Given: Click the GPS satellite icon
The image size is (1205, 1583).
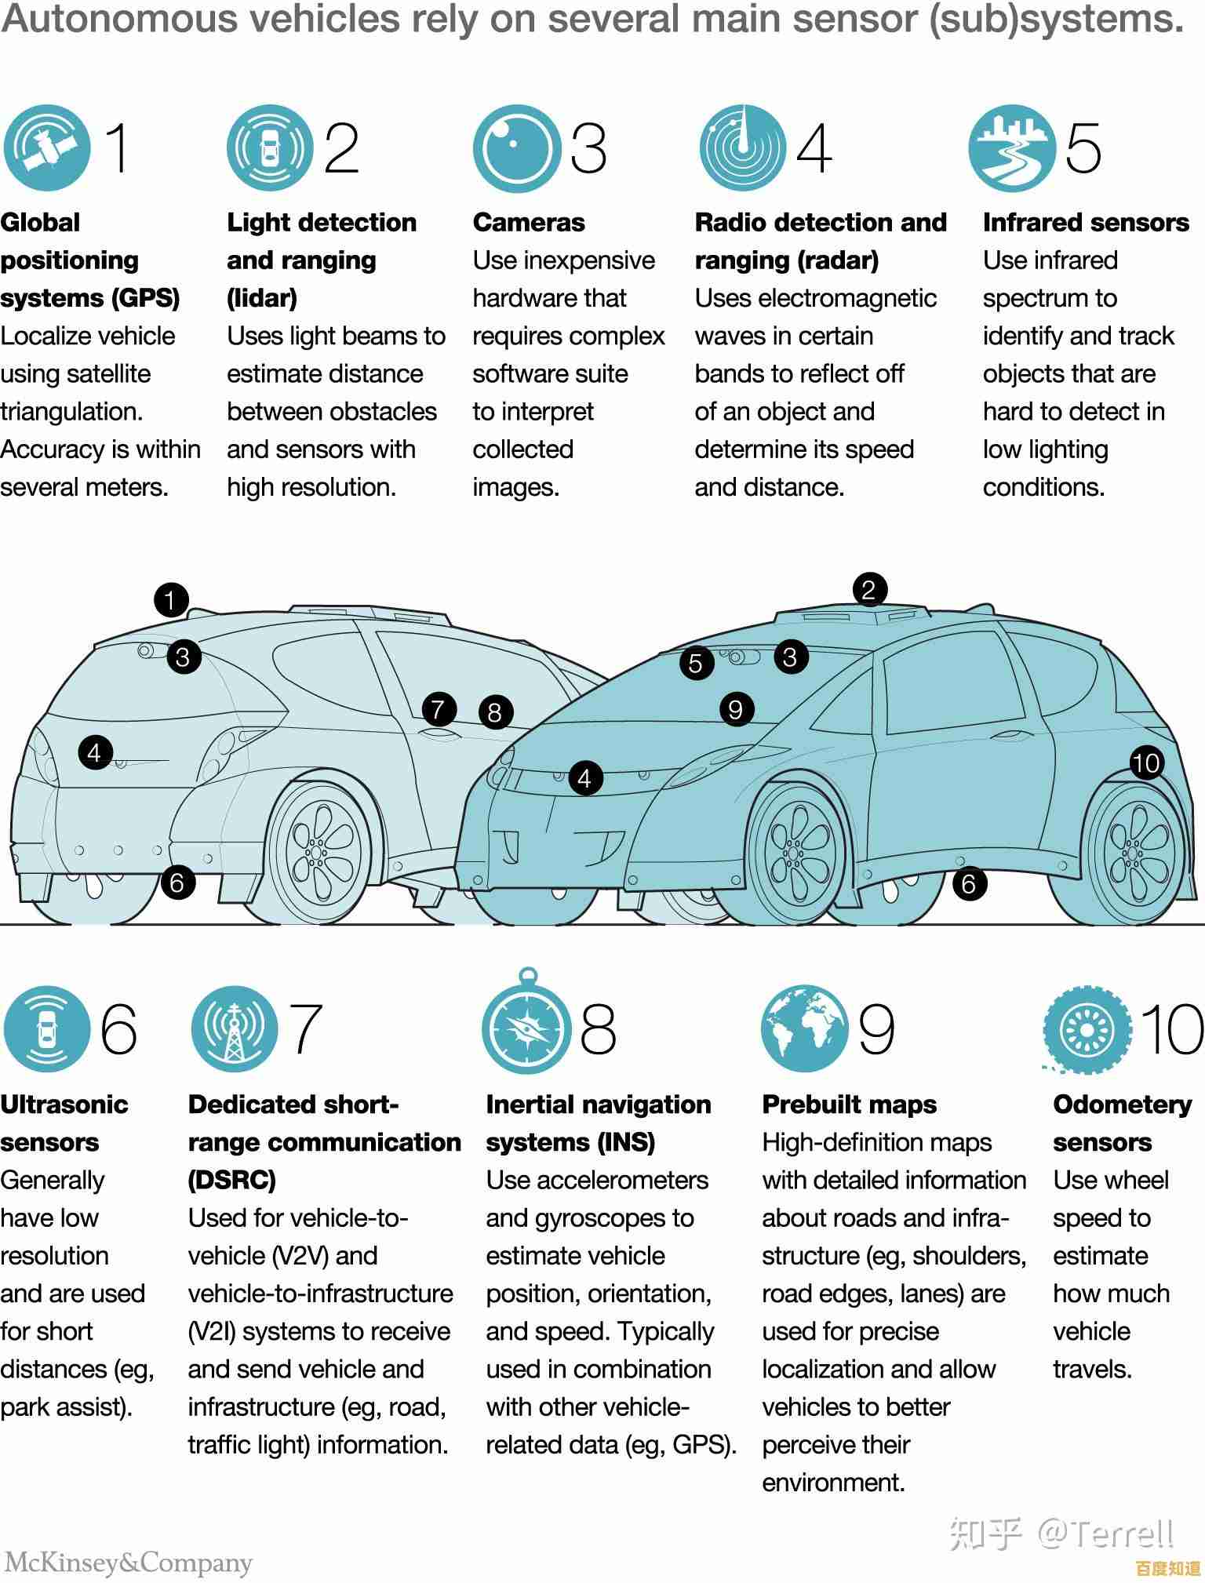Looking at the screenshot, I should [46, 147].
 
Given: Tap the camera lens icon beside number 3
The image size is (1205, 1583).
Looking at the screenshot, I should [516, 147].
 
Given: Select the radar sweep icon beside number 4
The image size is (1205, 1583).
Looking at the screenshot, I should [742, 147].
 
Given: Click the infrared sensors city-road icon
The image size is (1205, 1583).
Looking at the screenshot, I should [1011, 147].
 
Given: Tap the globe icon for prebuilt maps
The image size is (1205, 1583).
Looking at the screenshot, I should [804, 1029].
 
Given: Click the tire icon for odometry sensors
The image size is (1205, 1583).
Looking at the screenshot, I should [1087, 1029].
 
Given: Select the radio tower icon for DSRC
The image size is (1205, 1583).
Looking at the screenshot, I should [234, 1029].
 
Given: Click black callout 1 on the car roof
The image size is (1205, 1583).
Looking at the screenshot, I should [171, 601].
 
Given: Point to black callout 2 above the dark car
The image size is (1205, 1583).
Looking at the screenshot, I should [868, 590].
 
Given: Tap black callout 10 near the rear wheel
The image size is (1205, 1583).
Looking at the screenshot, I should [1146, 762].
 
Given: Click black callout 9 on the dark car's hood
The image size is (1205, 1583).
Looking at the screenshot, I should [735, 709].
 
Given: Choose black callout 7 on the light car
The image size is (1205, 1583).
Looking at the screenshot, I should [438, 710].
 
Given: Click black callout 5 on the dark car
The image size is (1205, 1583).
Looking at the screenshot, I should [696, 664].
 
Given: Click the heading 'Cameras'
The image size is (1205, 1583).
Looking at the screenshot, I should [529, 223].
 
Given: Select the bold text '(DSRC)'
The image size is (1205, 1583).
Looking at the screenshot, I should [232, 1180].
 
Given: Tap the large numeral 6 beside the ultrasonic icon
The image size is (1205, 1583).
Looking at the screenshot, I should [119, 1029].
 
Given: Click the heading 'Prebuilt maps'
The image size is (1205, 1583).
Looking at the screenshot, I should [850, 1104].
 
